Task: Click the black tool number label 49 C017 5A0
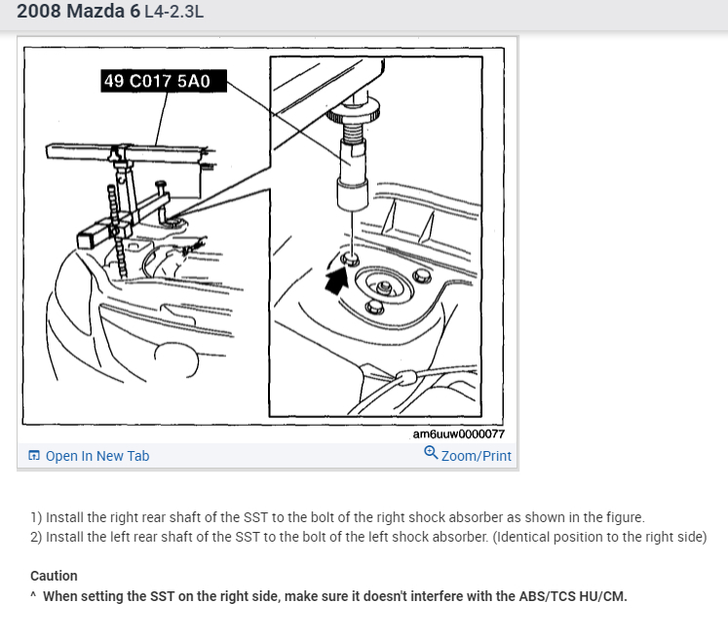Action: pyautogui.click(x=164, y=81)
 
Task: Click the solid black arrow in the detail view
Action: pyautogui.click(x=336, y=281)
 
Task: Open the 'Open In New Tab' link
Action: pyautogui.click(x=97, y=456)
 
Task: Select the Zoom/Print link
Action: pyautogui.click(x=476, y=456)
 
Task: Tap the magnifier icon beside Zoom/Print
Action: pyautogui.click(x=431, y=453)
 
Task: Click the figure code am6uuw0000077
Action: pyautogui.click(x=458, y=434)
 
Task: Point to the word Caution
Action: pyautogui.click(x=54, y=576)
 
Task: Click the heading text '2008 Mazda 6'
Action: pyautogui.click(x=79, y=12)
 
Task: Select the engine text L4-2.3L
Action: pyautogui.click(x=174, y=12)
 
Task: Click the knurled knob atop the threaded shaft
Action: pyautogui.click(x=354, y=112)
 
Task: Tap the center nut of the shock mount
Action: pyautogui.click(x=384, y=286)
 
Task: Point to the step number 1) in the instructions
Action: pyautogui.click(x=36, y=517)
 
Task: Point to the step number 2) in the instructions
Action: pyautogui.click(x=36, y=537)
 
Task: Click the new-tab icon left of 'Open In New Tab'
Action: pyautogui.click(x=34, y=455)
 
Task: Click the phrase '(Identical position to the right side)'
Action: pyautogui.click(x=599, y=537)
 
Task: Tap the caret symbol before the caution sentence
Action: pyautogui.click(x=33, y=594)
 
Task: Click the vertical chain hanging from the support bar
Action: pyautogui.click(x=117, y=231)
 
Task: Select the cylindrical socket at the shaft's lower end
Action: pyautogui.click(x=353, y=195)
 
